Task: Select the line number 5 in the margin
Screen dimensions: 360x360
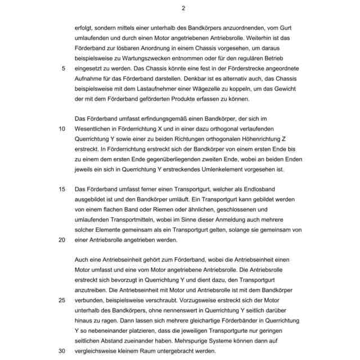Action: [62, 67]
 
